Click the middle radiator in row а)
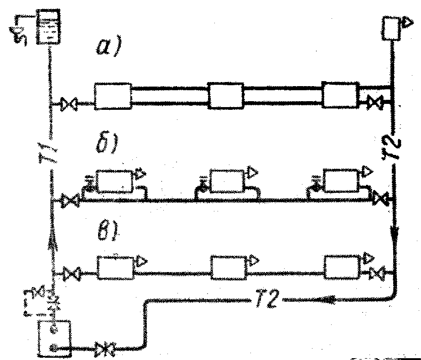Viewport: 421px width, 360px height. (x=226, y=96)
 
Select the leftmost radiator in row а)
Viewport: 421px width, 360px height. (x=113, y=96)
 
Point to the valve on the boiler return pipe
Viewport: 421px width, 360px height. (x=104, y=350)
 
